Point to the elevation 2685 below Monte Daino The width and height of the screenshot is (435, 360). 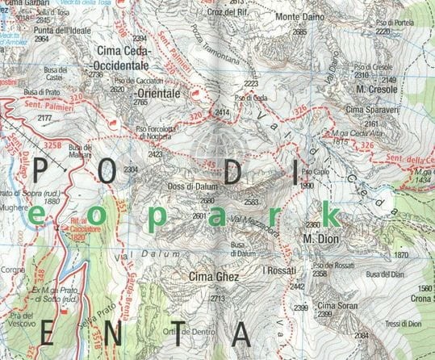299,31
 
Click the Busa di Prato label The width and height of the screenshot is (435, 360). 44,92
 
